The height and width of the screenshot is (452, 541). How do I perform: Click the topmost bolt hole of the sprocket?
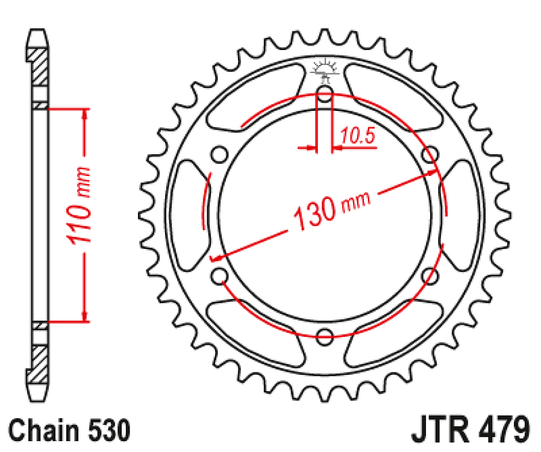tap(325, 94)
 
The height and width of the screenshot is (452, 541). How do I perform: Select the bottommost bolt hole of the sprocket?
tap(325, 336)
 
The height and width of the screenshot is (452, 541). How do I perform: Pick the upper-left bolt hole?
tap(220, 155)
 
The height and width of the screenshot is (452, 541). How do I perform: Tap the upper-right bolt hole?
tap(430, 155)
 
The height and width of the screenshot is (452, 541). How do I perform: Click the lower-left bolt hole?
tap(220, 276)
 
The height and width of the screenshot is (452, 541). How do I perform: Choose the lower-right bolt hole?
tap(430, 276)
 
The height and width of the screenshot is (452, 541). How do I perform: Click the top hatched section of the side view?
tap(39, 66)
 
